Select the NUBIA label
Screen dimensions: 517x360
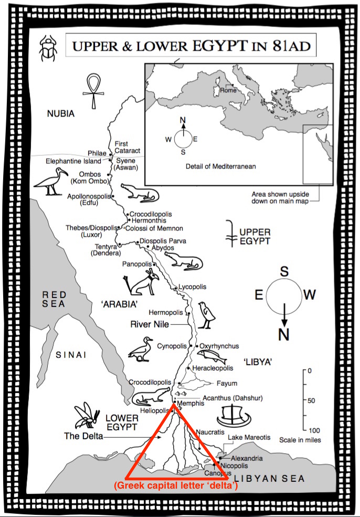(60, 113)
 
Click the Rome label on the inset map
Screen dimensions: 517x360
(228, 90)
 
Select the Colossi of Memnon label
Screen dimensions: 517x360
(155, 228)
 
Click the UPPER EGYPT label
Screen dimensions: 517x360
(255, 236)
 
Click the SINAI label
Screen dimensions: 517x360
(71, 356)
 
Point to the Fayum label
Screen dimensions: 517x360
(227, 383)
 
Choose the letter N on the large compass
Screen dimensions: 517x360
(284, 334)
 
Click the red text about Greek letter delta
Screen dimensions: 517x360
(177, 486)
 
